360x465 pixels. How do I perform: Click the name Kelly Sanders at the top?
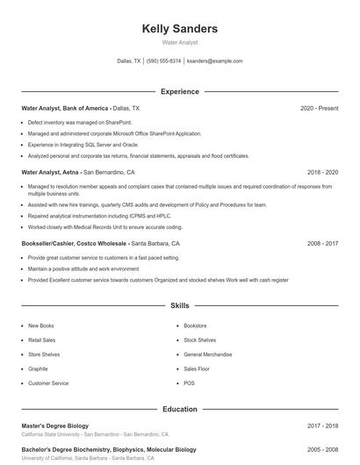[179, 29]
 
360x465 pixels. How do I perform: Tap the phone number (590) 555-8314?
[163, 61]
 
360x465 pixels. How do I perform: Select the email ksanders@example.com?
[215, 61]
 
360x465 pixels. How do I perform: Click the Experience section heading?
[179, 91]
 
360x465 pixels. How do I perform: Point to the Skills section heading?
[179, 306]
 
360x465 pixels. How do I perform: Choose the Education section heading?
[179, 409]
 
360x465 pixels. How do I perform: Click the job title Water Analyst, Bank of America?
[71, 108]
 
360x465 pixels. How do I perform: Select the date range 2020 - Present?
[319, 108]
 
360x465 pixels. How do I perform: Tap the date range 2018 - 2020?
[322, 172]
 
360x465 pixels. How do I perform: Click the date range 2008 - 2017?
[322, 243]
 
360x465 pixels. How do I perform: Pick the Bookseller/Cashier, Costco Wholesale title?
[75, 243]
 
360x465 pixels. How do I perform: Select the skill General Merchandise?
[209, 354]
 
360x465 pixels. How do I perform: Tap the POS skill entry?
[189, 383]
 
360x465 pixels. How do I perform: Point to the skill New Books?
[41, 325]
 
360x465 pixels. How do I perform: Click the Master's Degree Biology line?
[54, 426]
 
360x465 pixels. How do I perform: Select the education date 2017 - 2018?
[322, 426]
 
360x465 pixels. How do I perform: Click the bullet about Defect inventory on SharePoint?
[80, 122]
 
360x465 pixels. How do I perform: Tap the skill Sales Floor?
[197, 368]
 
